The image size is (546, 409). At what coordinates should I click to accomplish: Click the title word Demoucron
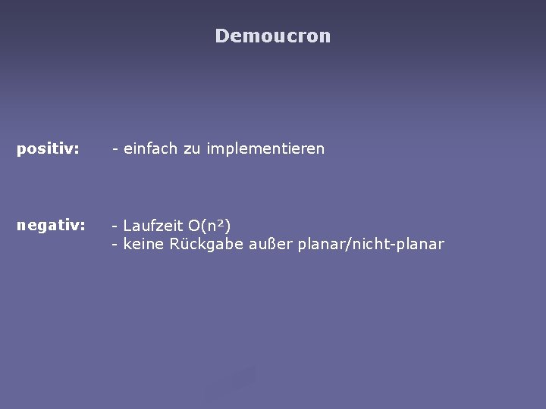pyautogui.click(x=273, y=36)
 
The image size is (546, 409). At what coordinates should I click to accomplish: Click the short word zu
pyautogui.click(x=190, y=149)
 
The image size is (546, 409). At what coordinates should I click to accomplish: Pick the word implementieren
pyautogui.click(x=265, y=149)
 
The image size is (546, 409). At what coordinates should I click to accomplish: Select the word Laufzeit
pyautogui.click(x=152, y=225)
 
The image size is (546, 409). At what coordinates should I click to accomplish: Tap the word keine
pyautogui.click(x=141, y=244)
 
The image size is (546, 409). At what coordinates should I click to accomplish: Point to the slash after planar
pyautogui.click(x=346, y=244)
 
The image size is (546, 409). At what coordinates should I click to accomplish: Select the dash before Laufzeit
pyautogui.click(x=115, y=226)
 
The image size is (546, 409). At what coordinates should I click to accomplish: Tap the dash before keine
pyautogui.click(x=115, y=245)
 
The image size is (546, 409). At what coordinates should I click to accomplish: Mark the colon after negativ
pyautogui.click(x=83, y=226)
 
